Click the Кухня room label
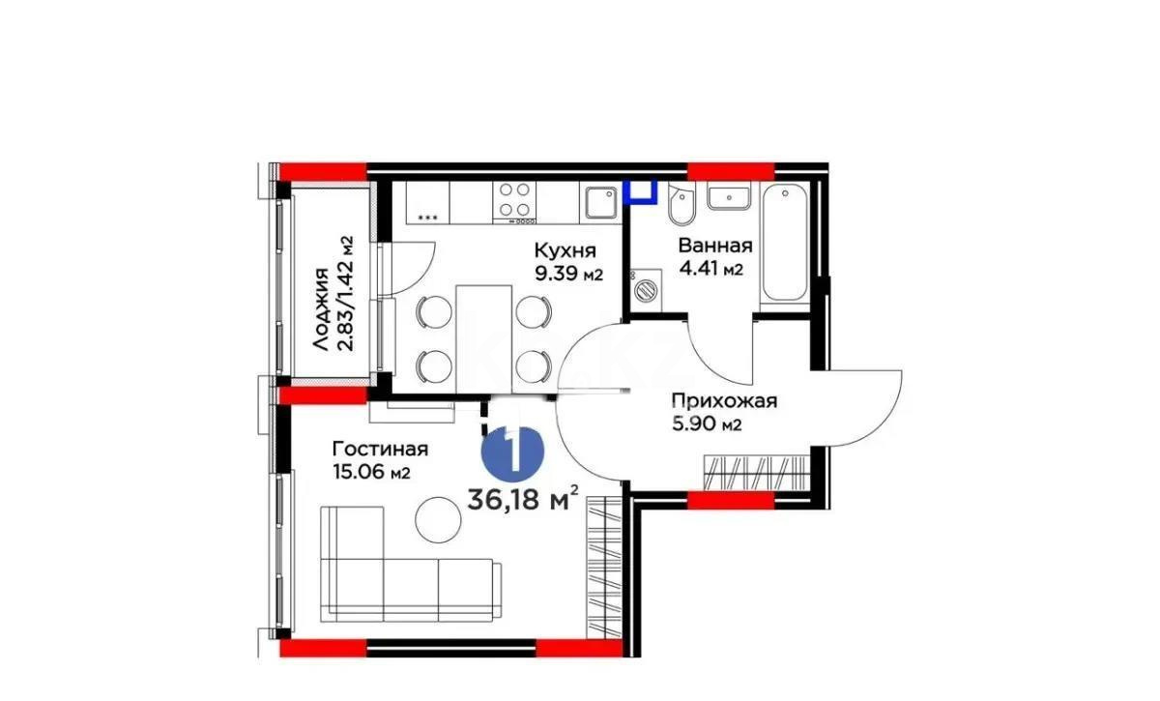click(565, 249)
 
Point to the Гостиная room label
click(380, 449)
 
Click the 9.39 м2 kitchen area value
click(569, 273)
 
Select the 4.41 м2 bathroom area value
click(710, 269)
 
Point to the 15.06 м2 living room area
click(372, 472)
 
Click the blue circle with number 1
click(512, 451)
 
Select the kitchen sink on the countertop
click(599, 201)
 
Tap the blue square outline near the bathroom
click(639, 191)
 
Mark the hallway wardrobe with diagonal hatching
click(756, 475)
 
